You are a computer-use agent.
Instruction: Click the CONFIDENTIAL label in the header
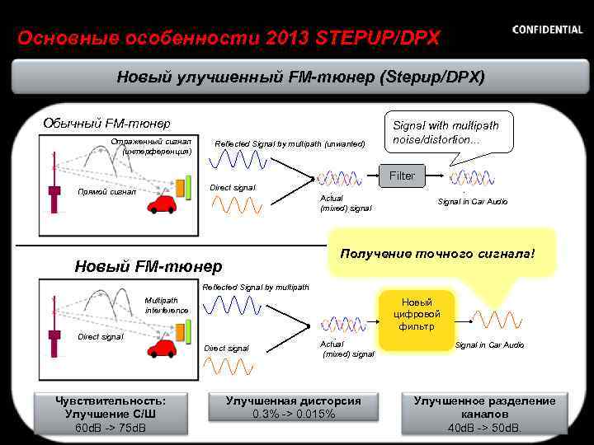pyautogui.click(x=547, y=30)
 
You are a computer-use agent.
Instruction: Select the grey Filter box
pyautogui.click(x=402, y=176)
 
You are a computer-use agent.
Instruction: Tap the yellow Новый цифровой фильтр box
pyautogui.click(x=422, y=315)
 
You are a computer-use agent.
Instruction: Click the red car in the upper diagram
pyautogui.click(x=164, y=202)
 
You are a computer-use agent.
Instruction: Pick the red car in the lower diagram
pyautogui.click(x=163, y=349)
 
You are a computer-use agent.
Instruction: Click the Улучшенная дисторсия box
pyautogui.click(x=294, y=407)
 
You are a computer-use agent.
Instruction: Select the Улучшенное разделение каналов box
pyautogui.click(x=484, y=414)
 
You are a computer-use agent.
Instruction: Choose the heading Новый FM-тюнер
pyautogui.click(x=148, y=266)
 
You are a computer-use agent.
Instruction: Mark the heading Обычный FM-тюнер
pyautogui.click(x=106, y=124)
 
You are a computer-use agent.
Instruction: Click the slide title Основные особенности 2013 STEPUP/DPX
pyautogui.click(x=229, y=38)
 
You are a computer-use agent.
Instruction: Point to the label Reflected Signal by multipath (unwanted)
pyautogui.click(x=290, y=144)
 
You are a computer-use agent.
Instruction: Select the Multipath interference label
pyautogui.click(x=167, y=305)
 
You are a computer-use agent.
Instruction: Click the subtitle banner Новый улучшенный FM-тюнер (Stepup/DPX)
pyautogui.click(x=300, y=77)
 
